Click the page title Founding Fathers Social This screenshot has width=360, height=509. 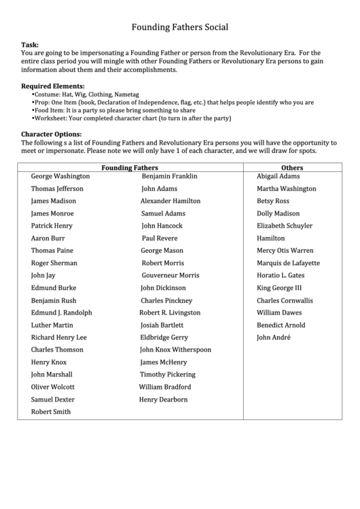pos(179,28)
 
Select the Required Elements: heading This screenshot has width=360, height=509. pos(53,86)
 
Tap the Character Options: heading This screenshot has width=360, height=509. pos(52,134)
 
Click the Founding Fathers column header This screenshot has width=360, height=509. pos(130,166)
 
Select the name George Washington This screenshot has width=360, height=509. pos(60,176)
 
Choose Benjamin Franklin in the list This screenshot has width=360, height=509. pos(169,176)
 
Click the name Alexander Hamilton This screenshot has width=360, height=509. pos(170,201)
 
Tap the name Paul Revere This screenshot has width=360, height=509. pos(159,239)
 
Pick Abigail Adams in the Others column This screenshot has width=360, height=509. pos(278,176)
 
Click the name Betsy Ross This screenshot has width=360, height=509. pos(272,201)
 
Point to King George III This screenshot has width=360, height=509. pos(279,288)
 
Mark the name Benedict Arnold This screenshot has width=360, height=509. pos(281,326)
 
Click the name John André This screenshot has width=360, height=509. pos(273,338)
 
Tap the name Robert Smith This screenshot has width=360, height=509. pos(50,412)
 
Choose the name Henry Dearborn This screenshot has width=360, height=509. pos(163,400)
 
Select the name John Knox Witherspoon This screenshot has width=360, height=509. pos(175,350)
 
